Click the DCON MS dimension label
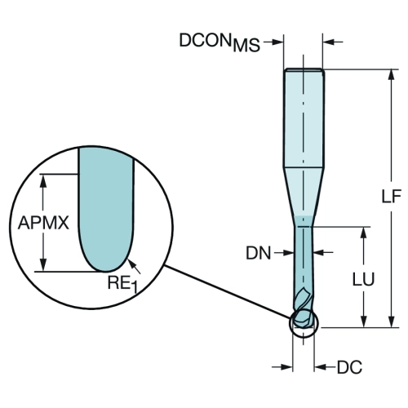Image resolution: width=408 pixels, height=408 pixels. coord(220,42)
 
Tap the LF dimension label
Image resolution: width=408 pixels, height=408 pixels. coord(392,197)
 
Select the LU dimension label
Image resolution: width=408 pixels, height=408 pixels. coord(363,279)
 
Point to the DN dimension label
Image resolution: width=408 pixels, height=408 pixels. coord(259,253)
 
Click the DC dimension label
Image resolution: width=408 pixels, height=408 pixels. coord(349,367)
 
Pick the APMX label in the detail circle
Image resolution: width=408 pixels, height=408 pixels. coord(43,223)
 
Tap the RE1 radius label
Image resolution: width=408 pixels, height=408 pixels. coord(123,284)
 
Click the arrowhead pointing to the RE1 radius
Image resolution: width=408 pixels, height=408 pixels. coord(131,263)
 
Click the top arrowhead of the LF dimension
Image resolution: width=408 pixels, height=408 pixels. coord(392,75)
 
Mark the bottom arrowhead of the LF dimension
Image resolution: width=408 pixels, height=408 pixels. coord(392,322)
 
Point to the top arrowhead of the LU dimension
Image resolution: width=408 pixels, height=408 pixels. coord(364,233)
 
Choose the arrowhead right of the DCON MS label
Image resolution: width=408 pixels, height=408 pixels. coord(278,42)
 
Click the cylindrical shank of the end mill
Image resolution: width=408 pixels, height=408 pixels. coord(304,118)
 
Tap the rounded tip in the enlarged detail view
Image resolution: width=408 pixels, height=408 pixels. coord(106,255)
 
